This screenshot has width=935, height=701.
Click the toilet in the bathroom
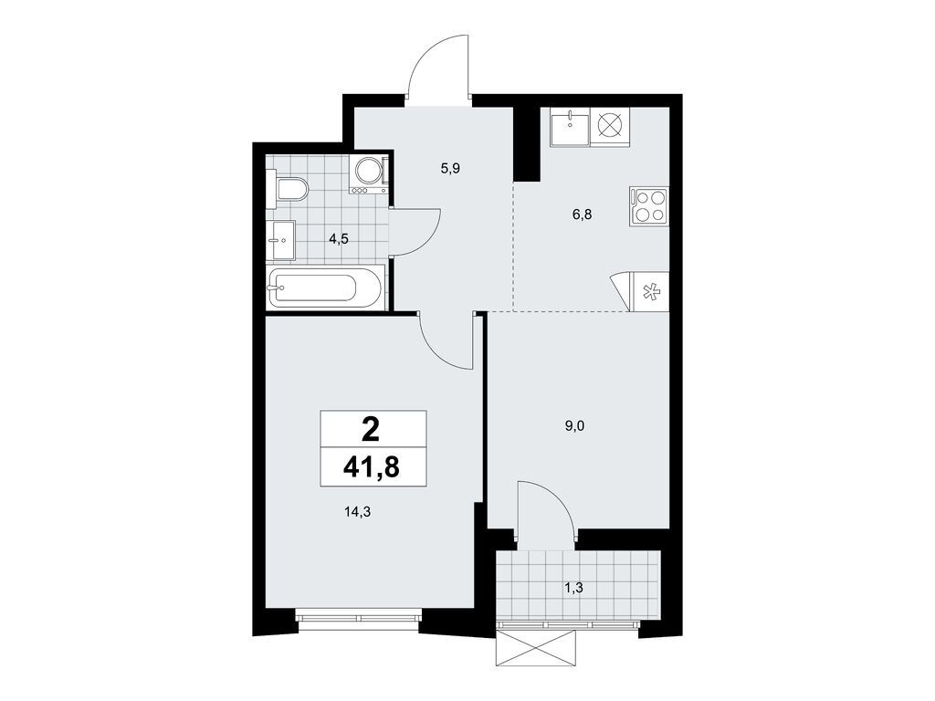click(x=291, y=190)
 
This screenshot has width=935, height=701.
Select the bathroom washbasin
click(x=281, y=239)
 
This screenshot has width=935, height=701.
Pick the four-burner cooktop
click(x=649, y=205)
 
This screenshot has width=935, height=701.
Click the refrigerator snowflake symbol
click(x=651, y=292)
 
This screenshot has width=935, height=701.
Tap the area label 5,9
click(x=449, y=168)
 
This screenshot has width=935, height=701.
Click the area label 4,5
click(x=339, y=239)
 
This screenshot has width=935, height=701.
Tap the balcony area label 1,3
click(x=574, y=587)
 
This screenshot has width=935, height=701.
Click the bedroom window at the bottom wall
click(x=358, y=618)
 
